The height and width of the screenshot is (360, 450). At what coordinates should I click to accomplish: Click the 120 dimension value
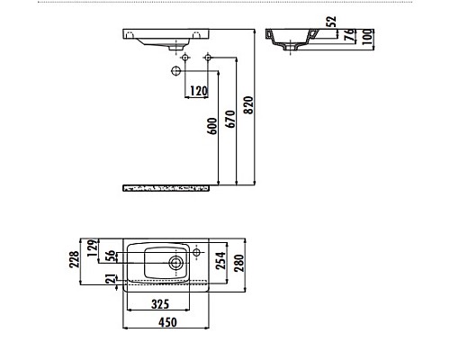click(198, 91)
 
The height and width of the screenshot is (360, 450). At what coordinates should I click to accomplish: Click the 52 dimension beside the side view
click(331, 22)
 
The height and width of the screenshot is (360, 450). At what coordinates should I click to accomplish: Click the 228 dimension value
click(75, 259)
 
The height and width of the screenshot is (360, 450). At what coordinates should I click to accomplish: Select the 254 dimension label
click(220, 261)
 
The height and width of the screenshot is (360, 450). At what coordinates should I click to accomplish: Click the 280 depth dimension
click(240, 263)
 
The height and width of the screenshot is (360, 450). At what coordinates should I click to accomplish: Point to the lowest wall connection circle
click(174, 70)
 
